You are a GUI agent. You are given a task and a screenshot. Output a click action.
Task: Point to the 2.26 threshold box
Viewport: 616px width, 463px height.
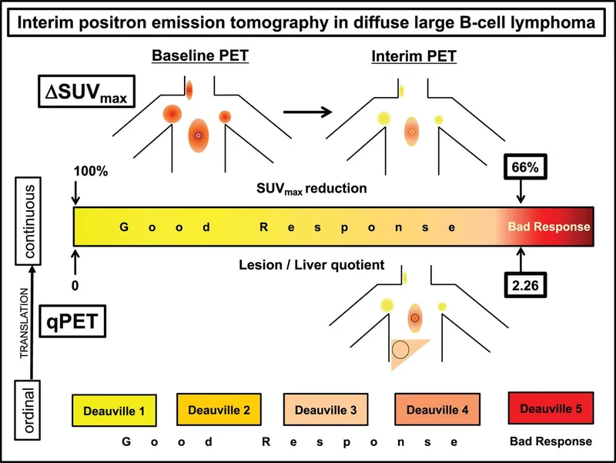point(522,286)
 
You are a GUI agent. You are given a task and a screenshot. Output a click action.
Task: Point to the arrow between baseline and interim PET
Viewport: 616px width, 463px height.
point(308,112)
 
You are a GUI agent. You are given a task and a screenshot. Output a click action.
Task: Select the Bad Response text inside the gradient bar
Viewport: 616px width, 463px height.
point(549,227)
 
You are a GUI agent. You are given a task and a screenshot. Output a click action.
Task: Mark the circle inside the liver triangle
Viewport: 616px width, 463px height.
point(400,350)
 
